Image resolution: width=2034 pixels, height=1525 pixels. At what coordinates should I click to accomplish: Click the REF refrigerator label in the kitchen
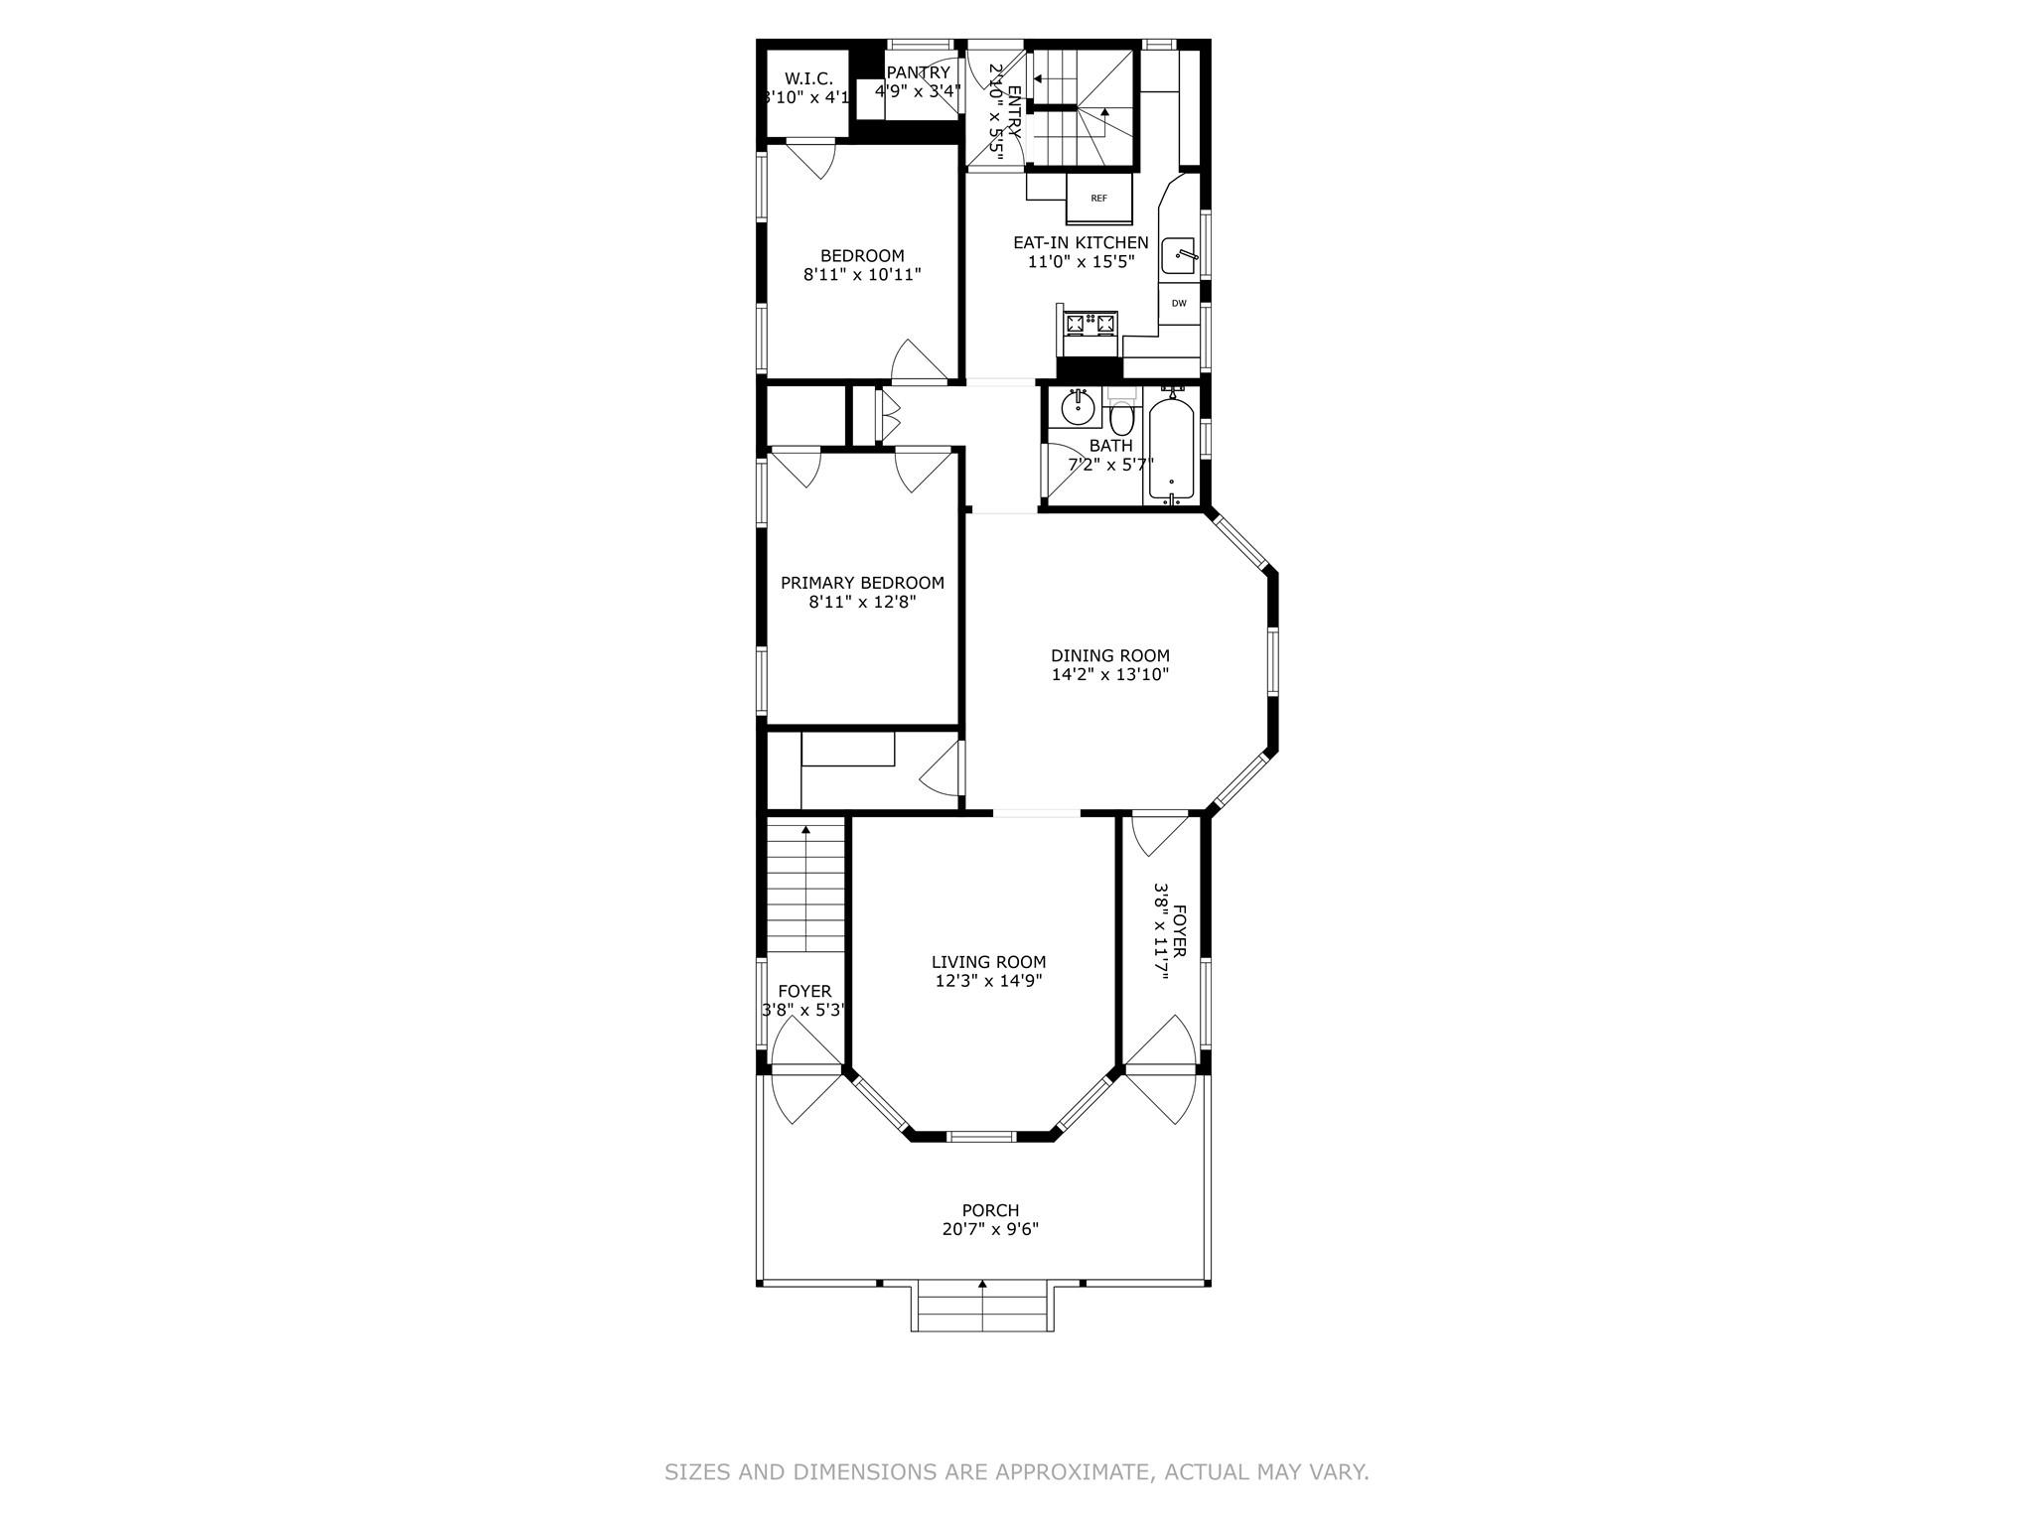click(x=1098, y=198)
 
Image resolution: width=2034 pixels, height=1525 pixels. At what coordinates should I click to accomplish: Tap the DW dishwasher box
click(x=1179, y=303)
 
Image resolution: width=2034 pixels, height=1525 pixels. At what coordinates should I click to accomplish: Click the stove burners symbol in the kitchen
click(x=1090, y=322)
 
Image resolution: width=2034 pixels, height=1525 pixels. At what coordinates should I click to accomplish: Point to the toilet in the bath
click(x=1121, y=416)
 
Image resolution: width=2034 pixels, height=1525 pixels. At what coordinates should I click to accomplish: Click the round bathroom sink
click(x=1077, y=407)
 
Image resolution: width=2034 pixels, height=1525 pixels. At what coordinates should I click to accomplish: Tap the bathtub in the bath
click(x=1171, y=448)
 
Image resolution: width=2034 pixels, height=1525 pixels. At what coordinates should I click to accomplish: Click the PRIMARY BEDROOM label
click(x=862, y=583)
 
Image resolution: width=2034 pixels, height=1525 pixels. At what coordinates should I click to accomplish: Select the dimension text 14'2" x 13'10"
click(x=1110, y=674)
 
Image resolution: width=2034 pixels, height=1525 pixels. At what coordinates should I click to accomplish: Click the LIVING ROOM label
click(x=988, y=961)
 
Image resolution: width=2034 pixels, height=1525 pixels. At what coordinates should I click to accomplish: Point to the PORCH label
click(x=990, y=1210)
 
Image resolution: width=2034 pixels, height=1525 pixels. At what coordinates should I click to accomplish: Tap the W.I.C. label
click(x=808, y=78)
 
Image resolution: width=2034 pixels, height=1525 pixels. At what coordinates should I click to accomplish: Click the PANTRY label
click(x=919, y=72)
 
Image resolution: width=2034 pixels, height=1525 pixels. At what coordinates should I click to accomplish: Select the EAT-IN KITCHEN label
click(x=1081, y=242)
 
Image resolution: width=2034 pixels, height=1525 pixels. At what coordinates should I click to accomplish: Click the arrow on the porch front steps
click(x=982, y=1286)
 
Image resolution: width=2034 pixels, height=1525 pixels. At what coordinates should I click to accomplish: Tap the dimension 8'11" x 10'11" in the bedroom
click(x=862, y=274)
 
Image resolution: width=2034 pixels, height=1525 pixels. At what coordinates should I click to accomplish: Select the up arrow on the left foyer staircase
click(x=805, y=829)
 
